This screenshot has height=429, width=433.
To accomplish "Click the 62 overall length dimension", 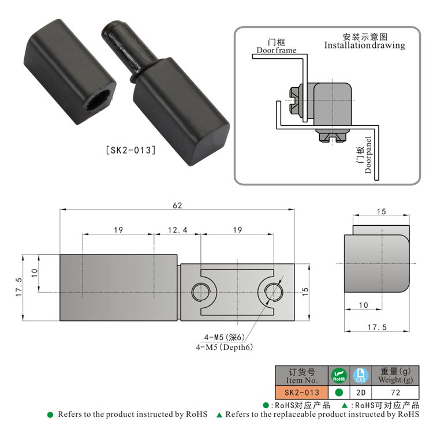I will point(178,204).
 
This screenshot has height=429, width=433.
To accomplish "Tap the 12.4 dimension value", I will point(177,230).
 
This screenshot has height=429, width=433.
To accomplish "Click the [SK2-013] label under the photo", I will point(130,151).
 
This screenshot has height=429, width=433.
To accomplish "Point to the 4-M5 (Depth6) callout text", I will point(224,347).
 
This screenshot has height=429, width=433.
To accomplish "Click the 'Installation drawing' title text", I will point(364,45).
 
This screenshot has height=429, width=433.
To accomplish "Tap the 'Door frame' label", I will point(277,50).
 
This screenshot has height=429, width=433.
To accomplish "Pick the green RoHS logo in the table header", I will point(338,376).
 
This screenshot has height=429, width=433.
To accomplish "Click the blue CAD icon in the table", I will point(360,376).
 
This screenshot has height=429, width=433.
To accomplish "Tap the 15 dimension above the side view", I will point(381,212).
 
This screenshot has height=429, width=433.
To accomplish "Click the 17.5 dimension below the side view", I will point(376,327).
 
